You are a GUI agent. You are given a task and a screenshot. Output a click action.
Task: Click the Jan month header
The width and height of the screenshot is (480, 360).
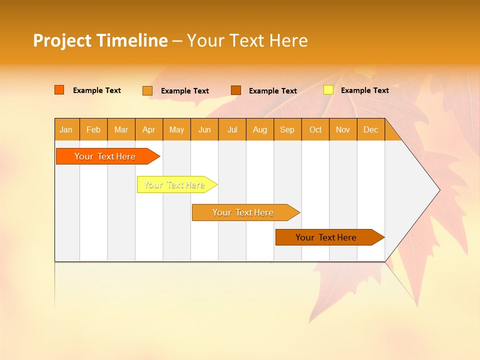tap(66, 129)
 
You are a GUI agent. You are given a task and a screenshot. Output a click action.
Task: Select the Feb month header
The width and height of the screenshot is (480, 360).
tap(93, 129)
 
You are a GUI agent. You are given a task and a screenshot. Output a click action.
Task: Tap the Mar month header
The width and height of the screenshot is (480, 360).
tap(121, 129)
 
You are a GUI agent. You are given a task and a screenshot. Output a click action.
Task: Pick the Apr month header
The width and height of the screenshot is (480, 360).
tap(149, 129)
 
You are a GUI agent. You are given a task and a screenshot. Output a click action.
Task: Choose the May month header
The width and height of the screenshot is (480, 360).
tap(176, 129)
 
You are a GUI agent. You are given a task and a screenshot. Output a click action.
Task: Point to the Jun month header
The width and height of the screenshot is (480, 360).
tap(204, 129)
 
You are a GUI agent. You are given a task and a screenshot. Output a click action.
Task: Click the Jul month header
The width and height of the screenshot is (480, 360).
tap(232, 129)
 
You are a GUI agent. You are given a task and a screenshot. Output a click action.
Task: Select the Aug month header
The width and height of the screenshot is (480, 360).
tap(260, 129)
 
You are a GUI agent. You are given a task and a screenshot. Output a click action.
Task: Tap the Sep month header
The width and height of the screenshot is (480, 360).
tap(287, 129)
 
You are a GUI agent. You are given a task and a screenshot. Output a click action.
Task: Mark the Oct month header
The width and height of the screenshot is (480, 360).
tap(315, 129)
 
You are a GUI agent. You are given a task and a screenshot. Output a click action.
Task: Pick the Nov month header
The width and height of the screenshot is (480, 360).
tap(343, 129)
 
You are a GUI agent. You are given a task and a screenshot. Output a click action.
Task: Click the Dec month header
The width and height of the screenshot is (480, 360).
tap(371, 129)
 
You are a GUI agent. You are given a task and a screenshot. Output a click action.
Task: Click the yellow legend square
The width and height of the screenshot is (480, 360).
tap(328, 90)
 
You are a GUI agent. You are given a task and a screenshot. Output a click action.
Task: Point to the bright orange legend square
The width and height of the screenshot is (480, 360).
tap(59, 90)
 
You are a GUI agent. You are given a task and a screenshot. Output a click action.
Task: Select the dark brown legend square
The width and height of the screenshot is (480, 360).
tap(236, 90)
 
